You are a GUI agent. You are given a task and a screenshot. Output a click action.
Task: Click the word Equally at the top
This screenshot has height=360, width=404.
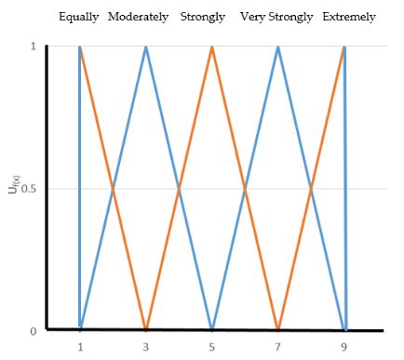click(x=78, y=18)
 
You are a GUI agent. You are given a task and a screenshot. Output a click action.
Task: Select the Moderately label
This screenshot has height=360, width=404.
click(x=138, y=18)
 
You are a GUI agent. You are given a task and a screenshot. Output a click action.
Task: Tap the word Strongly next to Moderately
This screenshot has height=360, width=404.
click(x=202, y=18)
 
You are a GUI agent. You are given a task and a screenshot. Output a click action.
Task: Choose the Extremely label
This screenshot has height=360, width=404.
click(x=349, y=18)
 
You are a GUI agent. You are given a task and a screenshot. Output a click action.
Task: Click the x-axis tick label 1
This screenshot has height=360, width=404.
click(x=80, y=348)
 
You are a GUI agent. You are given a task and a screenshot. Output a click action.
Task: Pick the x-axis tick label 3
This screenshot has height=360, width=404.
click(x=146, y=348)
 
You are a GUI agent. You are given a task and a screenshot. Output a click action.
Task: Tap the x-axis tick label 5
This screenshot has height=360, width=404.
click(x=212, y=348)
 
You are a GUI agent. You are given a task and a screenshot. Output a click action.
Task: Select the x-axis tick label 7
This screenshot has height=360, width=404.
click(x=278, y=348)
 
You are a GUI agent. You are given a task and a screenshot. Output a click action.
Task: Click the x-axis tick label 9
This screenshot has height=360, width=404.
click(x=344, y=348)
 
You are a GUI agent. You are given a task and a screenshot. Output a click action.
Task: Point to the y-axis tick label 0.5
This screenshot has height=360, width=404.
click(x=30, y=189)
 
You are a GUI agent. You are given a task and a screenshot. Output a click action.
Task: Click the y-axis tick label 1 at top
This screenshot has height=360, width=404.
click(x=34, y=47)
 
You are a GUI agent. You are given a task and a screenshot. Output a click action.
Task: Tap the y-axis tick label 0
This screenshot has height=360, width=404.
click(x=34, y=330)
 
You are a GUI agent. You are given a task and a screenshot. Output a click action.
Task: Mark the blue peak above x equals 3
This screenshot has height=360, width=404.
click(x=146, y=47)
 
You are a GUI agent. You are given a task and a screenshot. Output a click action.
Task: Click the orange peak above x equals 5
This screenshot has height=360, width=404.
click(x=212, y=47)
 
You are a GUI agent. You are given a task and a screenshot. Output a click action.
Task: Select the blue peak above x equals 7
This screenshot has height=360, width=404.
click(x=278, y=47)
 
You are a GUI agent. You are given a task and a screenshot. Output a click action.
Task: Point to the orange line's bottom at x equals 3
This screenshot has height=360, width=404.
click(x=146, y=328)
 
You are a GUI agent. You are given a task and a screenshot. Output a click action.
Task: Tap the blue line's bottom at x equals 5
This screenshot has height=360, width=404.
click(x=212, y=328)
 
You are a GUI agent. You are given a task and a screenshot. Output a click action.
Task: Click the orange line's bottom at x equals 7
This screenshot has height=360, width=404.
click(x=278, y=328)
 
